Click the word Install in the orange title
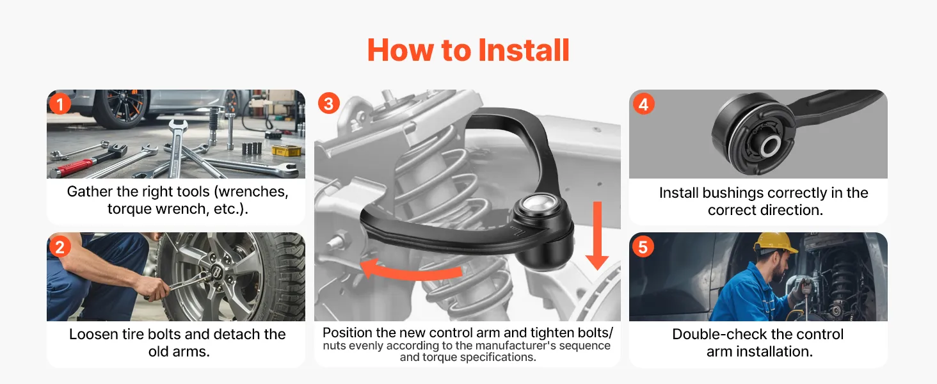coord(524,50)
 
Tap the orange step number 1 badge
coord(60,104)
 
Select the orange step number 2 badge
coord(60,247)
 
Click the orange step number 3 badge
coord(329,103)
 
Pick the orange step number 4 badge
coord(643,104)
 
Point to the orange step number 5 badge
coord(643,247)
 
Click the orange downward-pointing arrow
coord(597,236)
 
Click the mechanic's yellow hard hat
coord(774,243)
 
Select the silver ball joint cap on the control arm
coord(538,204)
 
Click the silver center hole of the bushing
coord(770,146)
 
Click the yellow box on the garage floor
coord(286,150)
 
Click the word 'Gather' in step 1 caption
coord(90,191)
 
